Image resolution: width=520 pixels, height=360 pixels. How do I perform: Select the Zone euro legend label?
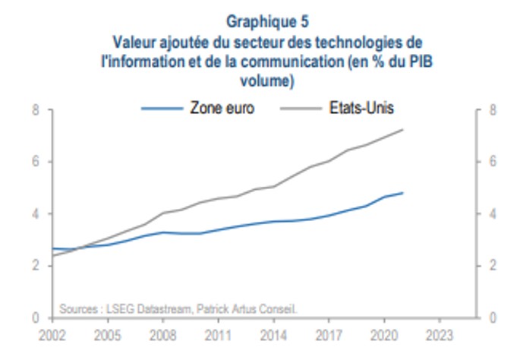(222, 108)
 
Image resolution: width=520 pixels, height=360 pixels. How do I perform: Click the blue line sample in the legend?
(162, 108)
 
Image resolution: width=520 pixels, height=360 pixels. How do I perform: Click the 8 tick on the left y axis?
(35, 110)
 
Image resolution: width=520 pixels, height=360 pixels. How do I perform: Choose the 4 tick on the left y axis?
(35, 213)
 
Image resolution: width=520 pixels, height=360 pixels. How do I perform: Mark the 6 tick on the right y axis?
(493, 162)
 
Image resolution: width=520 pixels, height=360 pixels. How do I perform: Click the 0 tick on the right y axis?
(493, 317)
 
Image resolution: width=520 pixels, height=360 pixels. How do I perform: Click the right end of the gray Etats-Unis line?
(402, 130)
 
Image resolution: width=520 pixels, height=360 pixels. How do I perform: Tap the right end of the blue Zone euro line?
(402, 193)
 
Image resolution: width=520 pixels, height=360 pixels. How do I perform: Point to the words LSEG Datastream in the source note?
(137, 308)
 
